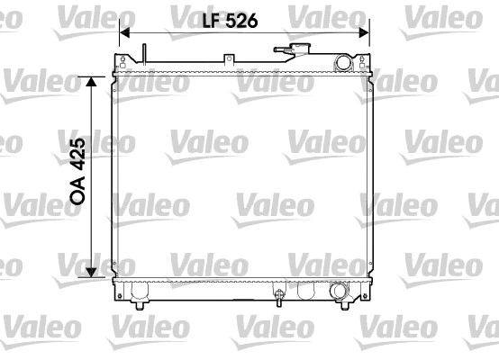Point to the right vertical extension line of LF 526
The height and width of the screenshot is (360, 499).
click(369, 40)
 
